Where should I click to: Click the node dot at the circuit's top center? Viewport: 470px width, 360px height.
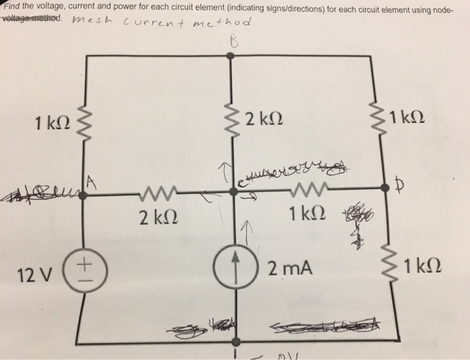[233, 59]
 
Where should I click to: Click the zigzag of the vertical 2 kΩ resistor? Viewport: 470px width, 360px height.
[233, 123]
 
